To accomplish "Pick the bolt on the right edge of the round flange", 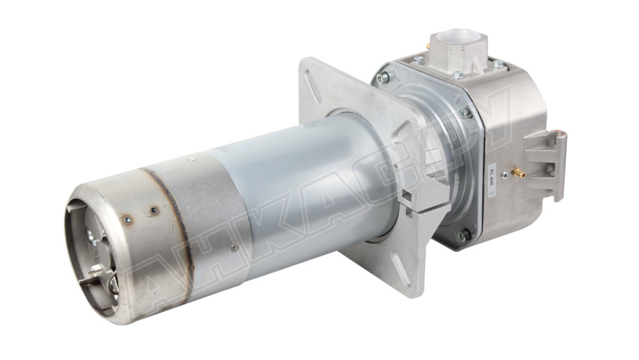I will click(x=466, y=113).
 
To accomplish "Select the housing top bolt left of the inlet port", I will click(x=419, y=60).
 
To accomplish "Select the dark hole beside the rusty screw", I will click(x=154, y=208).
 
